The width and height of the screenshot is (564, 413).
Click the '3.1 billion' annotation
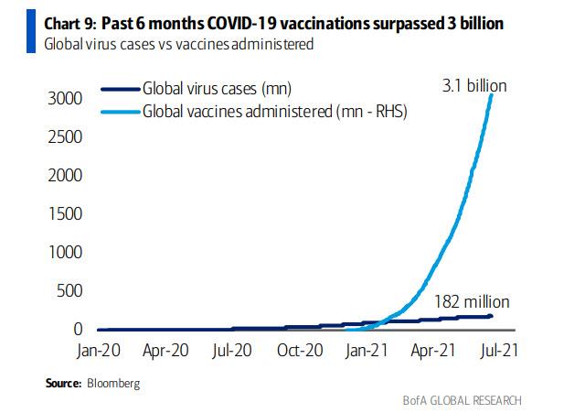click(x=474, y=86)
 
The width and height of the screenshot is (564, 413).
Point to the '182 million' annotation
click(x=471, y=301)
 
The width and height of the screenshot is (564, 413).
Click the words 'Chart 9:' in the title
click(x=48, y=25)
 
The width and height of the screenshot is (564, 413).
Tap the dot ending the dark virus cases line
click(x=492, y=316)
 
